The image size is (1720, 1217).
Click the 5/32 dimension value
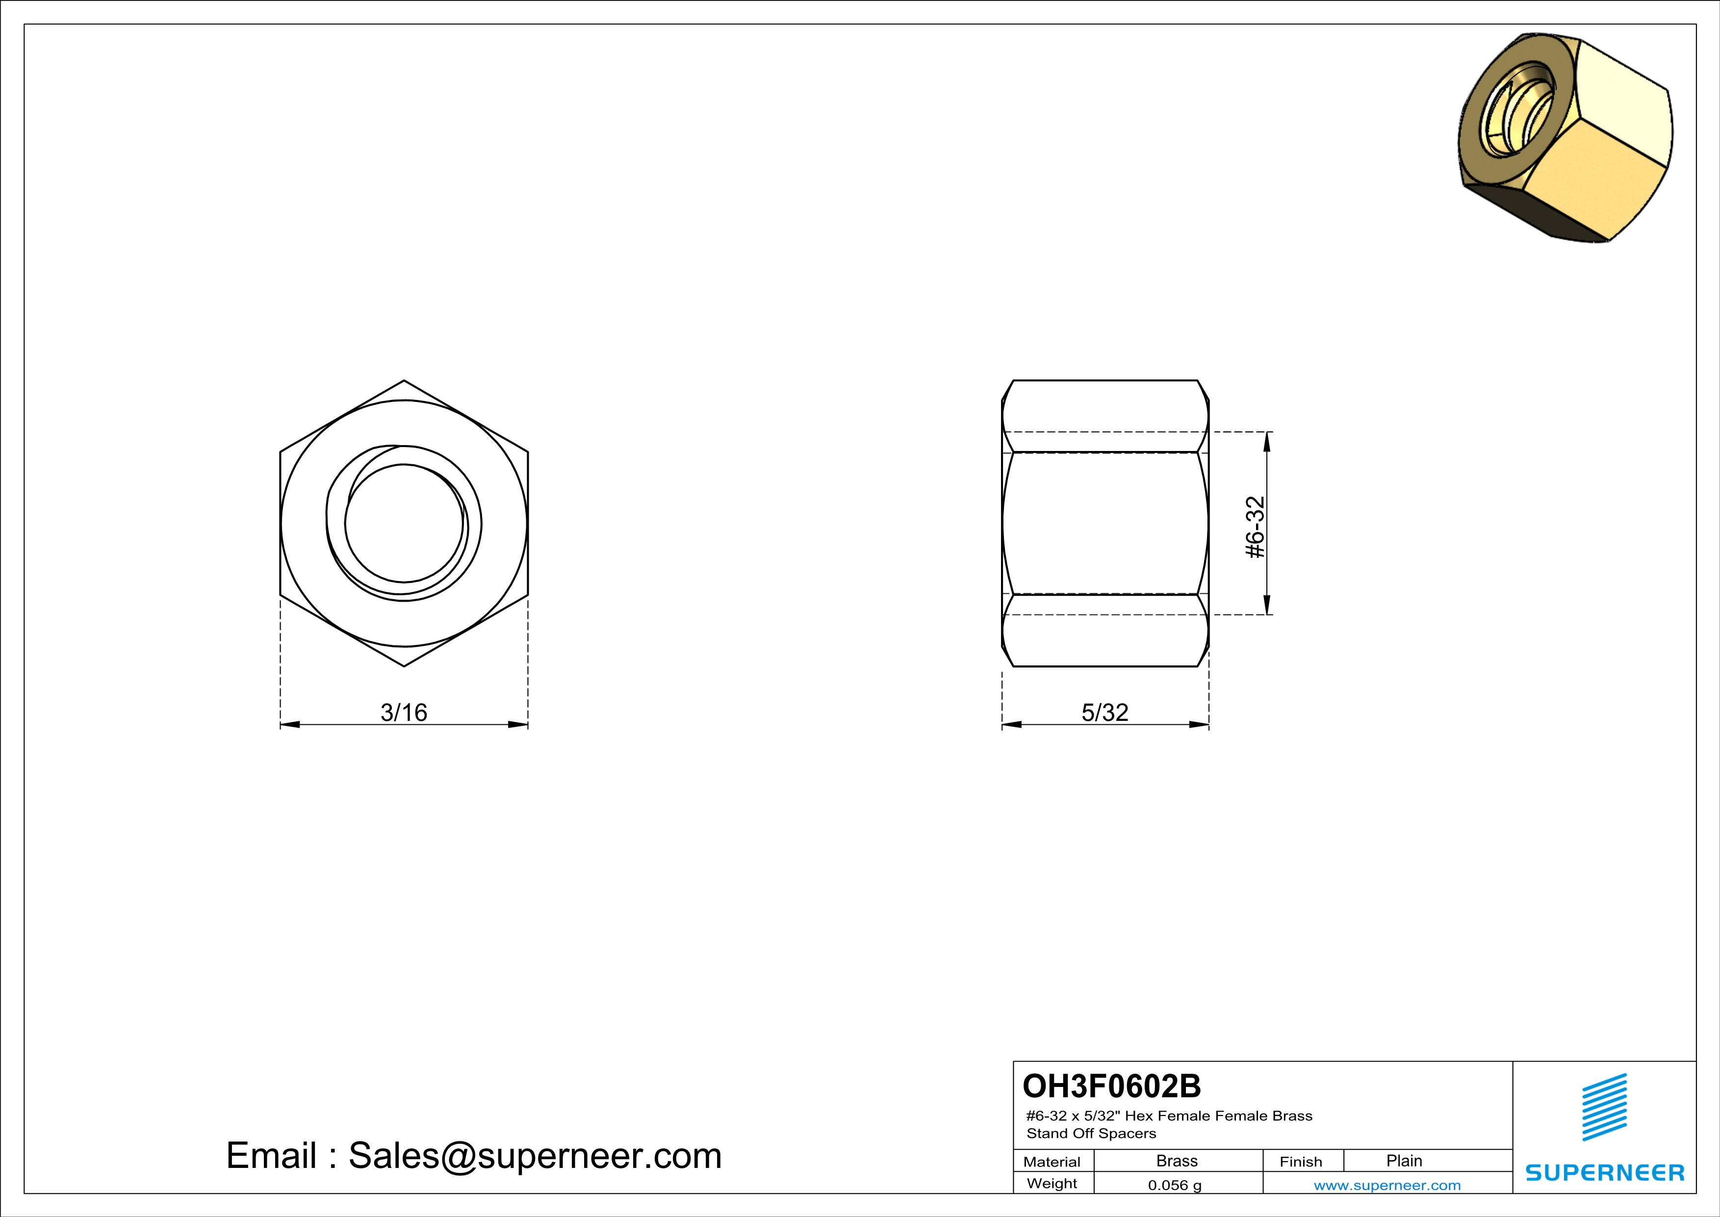click(1105, 712)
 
